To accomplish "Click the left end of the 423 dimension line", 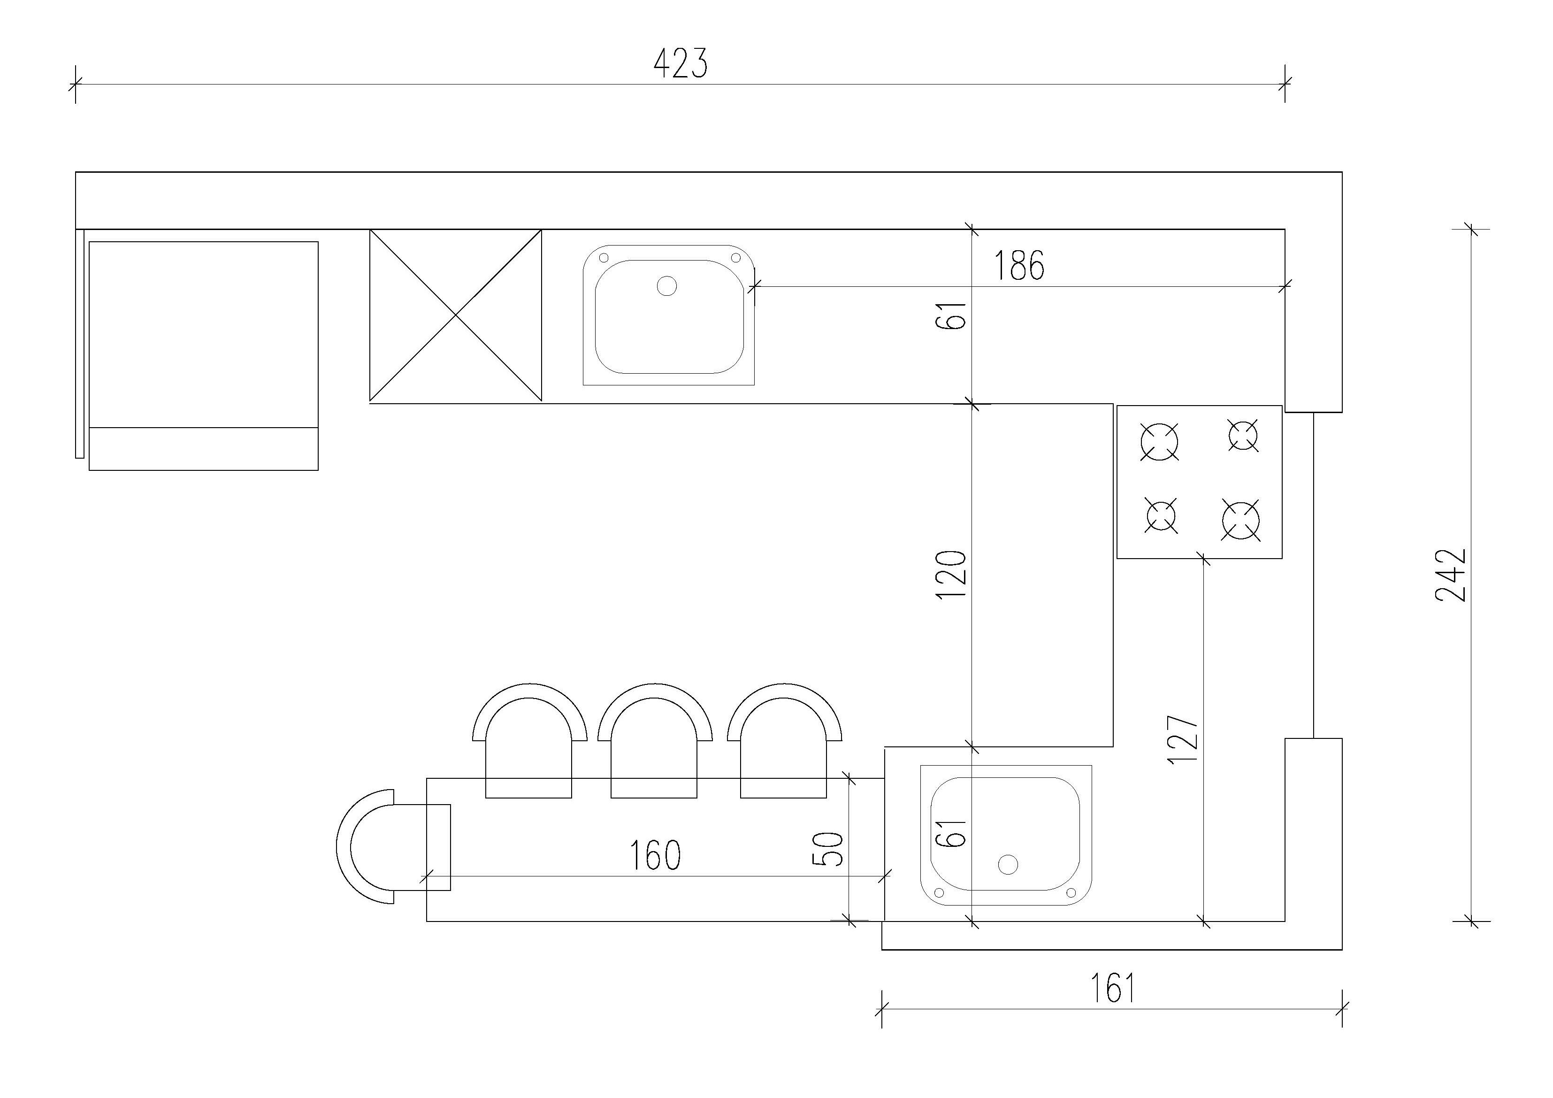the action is coord(76,84).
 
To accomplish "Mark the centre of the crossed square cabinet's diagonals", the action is coord(456,315).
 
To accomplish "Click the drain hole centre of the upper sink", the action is coord(667,286).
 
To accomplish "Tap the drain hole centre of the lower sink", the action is coord(1008,865).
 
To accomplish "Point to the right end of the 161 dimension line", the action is coord(1342,1009).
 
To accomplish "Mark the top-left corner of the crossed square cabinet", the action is coord(370,230).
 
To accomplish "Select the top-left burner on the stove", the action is coord(1159,441).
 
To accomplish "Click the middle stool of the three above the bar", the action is coord(654,741).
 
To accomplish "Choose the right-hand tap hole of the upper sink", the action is coord(736,258).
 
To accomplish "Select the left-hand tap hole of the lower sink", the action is coord(939,891).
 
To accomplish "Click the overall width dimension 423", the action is coord(681,63).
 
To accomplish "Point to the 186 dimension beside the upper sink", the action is coord(1018,265).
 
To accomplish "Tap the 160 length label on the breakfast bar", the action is coord(655,855).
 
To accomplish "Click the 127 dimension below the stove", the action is coord(1184,739).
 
